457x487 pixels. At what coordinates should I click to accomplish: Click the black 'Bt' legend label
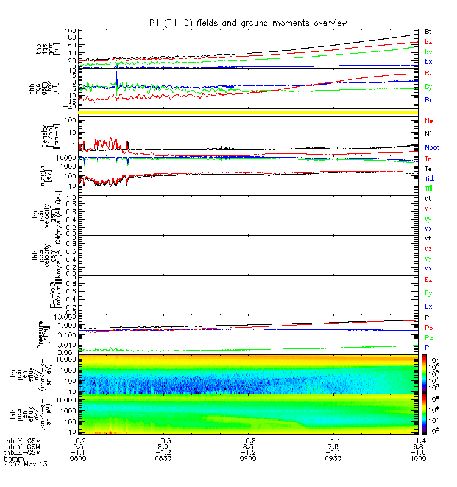pyautogui.click(x=428, y=30)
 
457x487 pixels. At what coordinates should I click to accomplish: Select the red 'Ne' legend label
pyautogui.click(x=428, y=121)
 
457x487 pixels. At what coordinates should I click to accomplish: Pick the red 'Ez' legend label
pyautogui.click(x=428, y=279)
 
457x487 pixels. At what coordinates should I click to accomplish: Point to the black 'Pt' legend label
pyautogui.click(x=428, y=318)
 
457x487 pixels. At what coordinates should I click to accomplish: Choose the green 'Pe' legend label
pyautogui.click(x=428, y=337)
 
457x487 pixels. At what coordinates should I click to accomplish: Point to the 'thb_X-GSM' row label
pyautogui.click(x=23, y=440)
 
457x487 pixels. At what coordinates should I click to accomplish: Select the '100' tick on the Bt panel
pyautogui.click(x=69, y=30)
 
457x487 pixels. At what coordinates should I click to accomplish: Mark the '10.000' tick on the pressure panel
pyautogui.click(x=63, y=317)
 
